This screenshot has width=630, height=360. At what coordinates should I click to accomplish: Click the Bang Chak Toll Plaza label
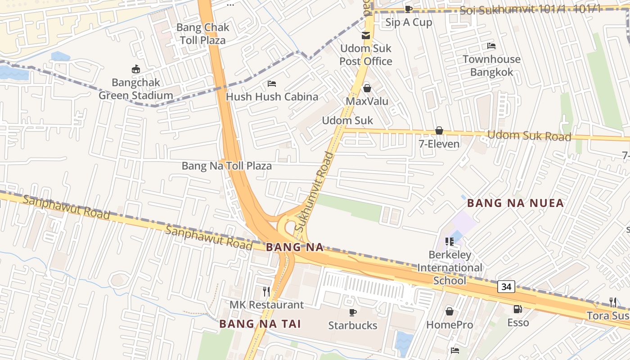pos(202,34)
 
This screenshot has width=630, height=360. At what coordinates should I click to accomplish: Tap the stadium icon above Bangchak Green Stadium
pos(135,69)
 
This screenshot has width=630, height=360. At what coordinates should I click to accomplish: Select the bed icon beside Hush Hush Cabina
pos(272,84)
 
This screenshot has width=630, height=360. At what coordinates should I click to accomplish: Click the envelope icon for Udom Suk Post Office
pos(366,36)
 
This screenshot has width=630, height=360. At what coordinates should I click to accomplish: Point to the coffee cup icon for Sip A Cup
pos(408,9)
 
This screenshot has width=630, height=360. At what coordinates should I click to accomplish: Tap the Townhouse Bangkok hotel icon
pos(491,46)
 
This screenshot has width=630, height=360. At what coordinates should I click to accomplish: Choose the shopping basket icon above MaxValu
pos(367,88)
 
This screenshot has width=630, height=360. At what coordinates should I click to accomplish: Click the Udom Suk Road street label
pos(529,135)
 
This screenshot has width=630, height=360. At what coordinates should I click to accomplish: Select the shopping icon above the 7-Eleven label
pos(439,130)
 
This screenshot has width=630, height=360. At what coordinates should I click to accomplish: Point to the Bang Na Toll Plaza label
pos(226,166)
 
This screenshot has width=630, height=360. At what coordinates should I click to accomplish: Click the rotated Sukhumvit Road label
pos(315,192)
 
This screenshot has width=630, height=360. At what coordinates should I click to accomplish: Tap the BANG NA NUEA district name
pos(515,203)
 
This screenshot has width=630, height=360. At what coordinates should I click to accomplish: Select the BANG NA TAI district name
pos(260,324)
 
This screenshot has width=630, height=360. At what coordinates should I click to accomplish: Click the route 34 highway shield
pos(506,287)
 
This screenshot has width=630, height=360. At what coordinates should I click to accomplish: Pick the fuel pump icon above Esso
pos(518,309)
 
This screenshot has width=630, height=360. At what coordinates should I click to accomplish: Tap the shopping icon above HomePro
pos(449,311)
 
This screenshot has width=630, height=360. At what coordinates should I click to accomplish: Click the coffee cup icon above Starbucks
pos(353,312)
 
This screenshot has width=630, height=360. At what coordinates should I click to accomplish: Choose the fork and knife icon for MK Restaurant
pos(266,292)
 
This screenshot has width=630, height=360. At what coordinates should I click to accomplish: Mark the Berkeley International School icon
pos(449,242)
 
